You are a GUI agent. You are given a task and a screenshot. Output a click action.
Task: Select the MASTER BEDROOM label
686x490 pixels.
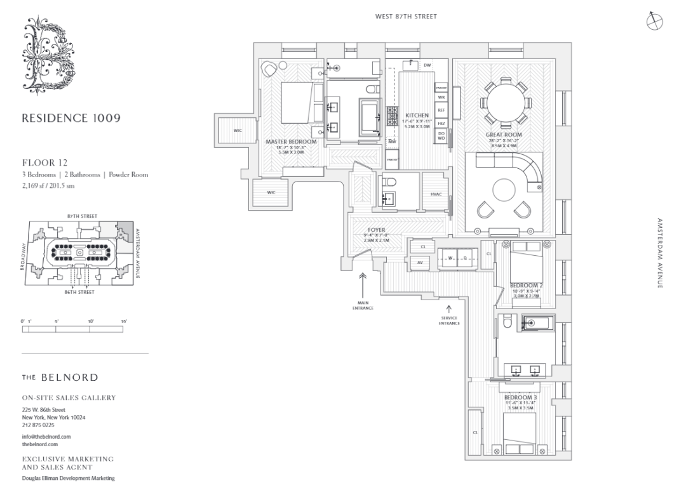tap(291, 142)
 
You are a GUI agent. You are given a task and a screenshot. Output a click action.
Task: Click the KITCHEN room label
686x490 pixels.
tap(416, 116)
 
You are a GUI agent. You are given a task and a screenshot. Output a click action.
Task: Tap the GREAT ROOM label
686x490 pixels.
tap(504, 134)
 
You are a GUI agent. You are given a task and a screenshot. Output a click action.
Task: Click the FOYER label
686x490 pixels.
tap(377, 230)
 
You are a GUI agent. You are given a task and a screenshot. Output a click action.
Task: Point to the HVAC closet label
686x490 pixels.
tap(436, 195)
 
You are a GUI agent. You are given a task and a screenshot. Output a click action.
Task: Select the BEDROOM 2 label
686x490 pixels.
tap(526, 285)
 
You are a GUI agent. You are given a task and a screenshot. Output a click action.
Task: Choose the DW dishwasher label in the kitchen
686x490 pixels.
tap(427, 65)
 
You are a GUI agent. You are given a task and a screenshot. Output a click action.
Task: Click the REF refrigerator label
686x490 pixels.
tap(441, 110)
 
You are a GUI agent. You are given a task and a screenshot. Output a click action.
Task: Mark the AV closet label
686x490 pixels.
tap(420, 262)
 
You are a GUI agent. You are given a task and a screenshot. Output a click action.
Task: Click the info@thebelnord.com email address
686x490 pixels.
tap(46, 437)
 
